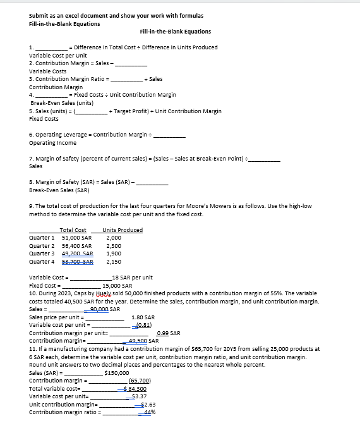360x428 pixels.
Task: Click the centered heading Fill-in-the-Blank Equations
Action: pos(175,32)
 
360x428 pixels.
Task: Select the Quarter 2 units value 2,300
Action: pos(114,245)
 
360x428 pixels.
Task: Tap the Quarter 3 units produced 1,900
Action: pos(114,253)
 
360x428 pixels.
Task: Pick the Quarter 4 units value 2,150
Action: pos(114,261)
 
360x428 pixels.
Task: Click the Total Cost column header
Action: pos(73,230)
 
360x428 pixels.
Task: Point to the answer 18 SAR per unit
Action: pos(131,278)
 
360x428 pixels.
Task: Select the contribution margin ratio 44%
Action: pos(149,412)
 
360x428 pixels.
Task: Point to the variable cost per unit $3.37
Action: pos(146,396)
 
